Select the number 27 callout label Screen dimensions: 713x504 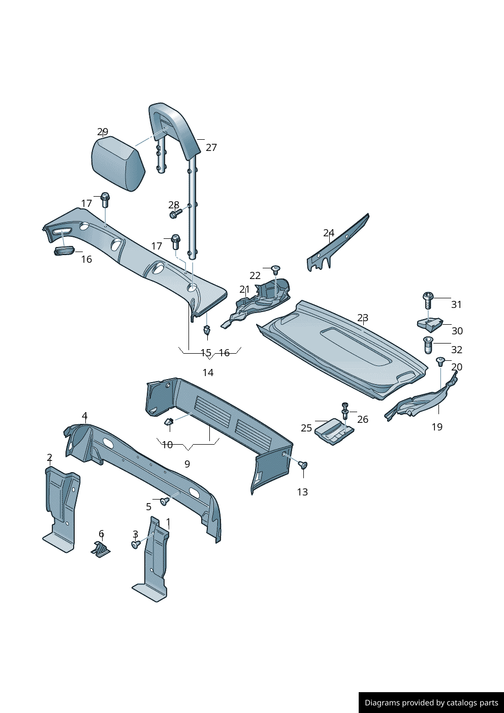pos(211,147)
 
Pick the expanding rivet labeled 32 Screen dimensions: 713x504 pos(428,345)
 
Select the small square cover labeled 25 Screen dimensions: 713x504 pos(333,431)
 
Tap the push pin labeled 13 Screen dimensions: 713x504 pos(303,465)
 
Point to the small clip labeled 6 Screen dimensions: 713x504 pos(101,549)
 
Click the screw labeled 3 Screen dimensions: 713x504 pos(136,544)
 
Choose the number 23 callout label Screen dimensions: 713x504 pos(363,318)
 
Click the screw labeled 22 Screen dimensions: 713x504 pos(276,269)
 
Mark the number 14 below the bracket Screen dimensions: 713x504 pos(208,373)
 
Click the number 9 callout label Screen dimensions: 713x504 pos(187,464)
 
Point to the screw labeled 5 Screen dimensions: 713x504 pos(164,502)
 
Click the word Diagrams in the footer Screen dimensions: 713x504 pos(382,703)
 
